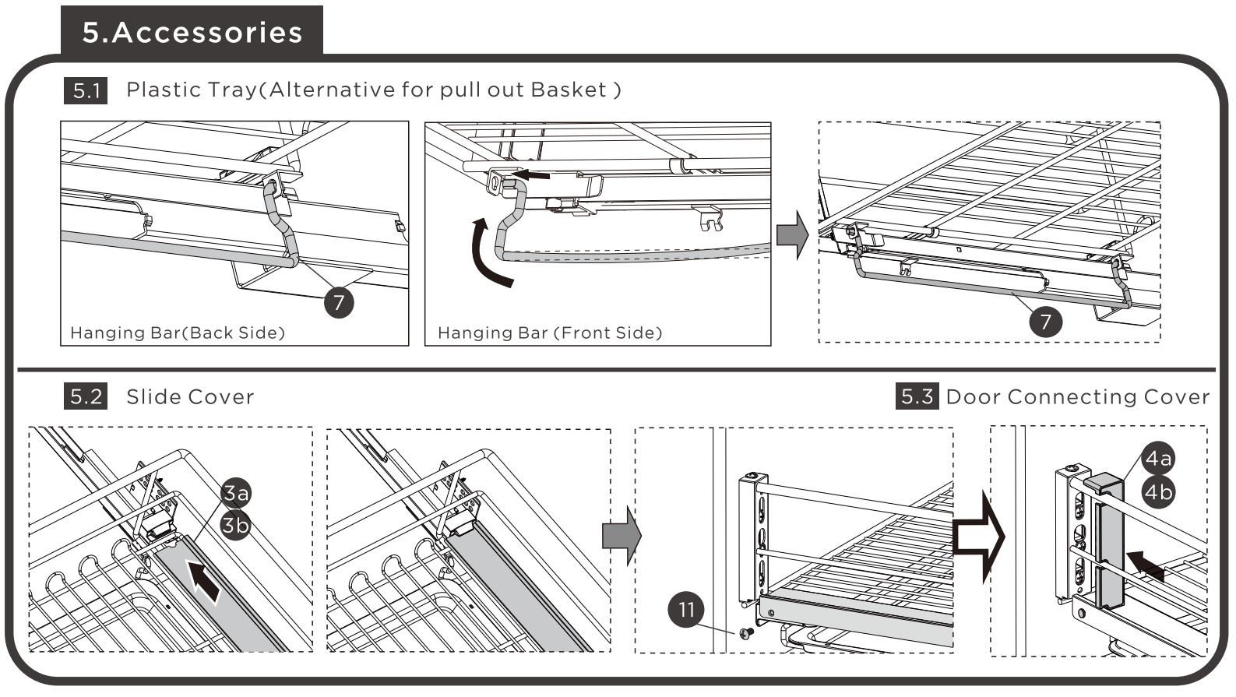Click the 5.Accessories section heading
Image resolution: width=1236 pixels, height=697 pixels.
click(192, 32)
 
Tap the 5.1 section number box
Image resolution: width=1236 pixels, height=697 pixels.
click(86, 90)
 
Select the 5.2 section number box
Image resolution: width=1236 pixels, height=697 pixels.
click(86, 397)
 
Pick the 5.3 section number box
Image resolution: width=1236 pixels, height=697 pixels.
click(917, 397)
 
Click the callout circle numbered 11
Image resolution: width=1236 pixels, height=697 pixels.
click(686, 609)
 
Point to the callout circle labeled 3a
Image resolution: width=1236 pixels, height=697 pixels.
click(236, 493)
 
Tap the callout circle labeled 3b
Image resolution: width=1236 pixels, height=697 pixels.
click(235, 526)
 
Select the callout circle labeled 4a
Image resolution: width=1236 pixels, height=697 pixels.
click(1158, 459)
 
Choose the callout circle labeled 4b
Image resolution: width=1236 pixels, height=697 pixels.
click(1158, 492)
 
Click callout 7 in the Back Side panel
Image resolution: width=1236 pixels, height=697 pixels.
click(339, 302)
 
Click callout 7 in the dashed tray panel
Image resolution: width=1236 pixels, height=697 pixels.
click(1045, 322)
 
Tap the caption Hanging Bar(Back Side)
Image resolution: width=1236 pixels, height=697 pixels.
click(178, 333)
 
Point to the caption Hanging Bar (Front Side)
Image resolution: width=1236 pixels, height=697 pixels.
click(550, 333)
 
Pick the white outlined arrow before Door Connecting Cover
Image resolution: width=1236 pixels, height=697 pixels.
click(979, 537)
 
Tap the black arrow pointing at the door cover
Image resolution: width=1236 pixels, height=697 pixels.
click(1146, 566)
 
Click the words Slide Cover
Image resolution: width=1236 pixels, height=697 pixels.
click(190, 397)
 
